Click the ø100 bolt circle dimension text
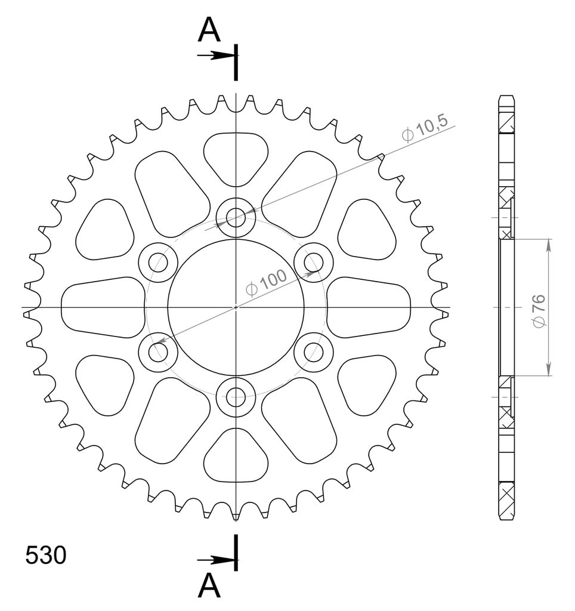coord(267,283)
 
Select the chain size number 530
coord(45,555)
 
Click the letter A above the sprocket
coord(209,30)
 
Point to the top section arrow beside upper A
coord(217,55)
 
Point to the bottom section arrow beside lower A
coord(217,560)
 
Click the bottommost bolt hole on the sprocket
coord(236,398)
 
